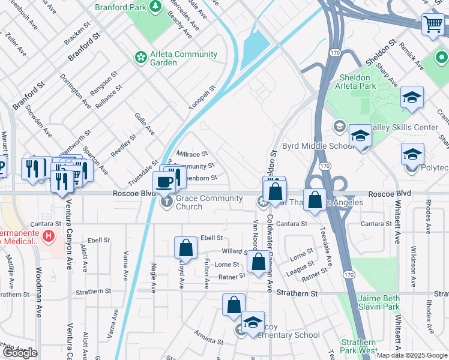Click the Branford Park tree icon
tap(155, 7)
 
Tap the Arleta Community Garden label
tap(175, 58)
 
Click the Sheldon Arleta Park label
tap(358, 82)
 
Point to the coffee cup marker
tap(164, 182)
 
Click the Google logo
tap(20, 353)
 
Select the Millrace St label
tap(192, 154)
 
